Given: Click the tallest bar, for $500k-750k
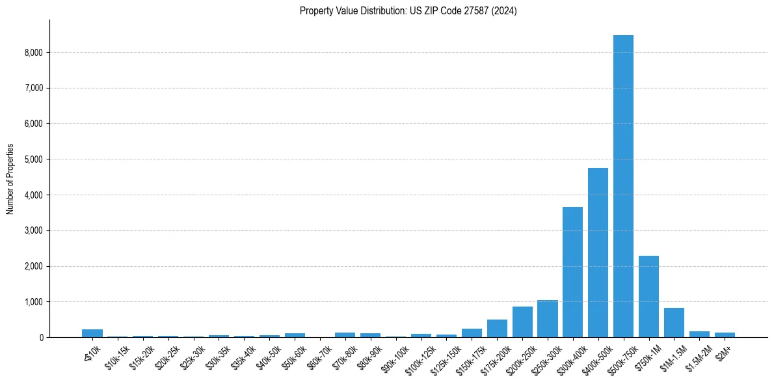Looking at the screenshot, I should tap(623, 186).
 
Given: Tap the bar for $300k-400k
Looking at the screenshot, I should tap(572, 272).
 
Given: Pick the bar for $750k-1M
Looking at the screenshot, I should tap(648, 296).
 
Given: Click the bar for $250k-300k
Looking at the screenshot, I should tap(547, 319).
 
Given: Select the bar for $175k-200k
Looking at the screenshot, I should tap(497, 329).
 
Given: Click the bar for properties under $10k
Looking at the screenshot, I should tap(92, 333).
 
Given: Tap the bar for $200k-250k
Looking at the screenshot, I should tap(522, 322).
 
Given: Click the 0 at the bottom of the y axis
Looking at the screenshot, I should tap(41, 338).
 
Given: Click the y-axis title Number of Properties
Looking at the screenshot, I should tap(10, 178).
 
